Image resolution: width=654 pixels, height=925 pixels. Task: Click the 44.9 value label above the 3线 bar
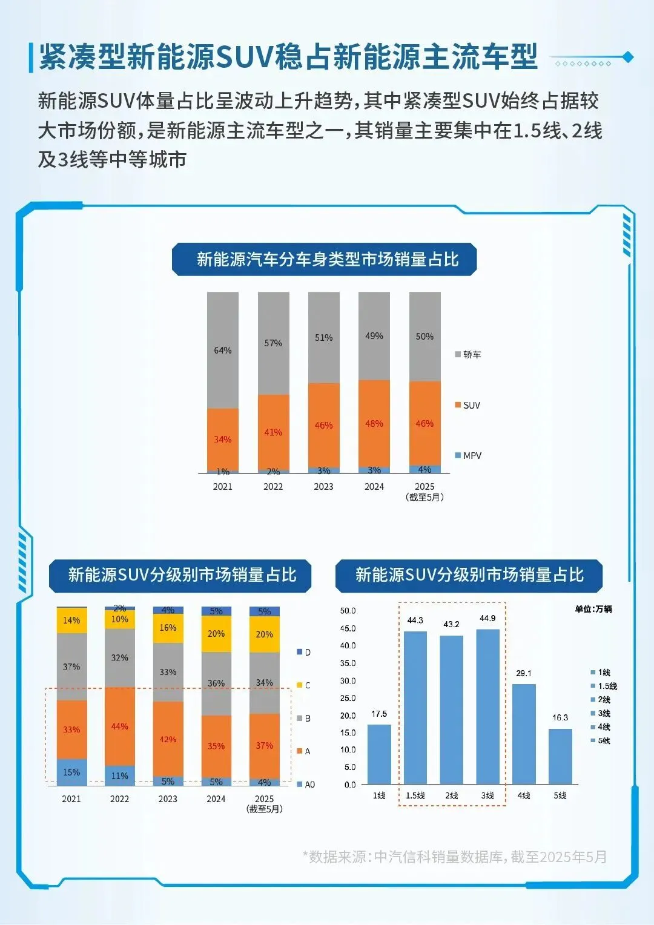tap(487, 618)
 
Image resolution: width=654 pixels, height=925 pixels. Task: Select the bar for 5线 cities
tap(560, 757)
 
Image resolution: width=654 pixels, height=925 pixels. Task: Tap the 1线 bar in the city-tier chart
tap(379, 754)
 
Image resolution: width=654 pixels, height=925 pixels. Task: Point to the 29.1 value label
tap(524, 673)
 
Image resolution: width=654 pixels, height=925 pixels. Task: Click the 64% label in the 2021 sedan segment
tap(222, 351)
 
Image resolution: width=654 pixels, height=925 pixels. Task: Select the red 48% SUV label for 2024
tap(374, 424)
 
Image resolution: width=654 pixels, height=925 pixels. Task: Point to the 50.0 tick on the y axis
tap(348, 611)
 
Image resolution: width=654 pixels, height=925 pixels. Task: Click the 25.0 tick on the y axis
tap(348, 698)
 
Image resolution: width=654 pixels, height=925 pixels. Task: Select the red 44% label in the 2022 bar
tap(119, 726)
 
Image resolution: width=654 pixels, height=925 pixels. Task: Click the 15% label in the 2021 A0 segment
tap(71, 772)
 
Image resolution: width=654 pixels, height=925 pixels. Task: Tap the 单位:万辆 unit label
tap(593, 609)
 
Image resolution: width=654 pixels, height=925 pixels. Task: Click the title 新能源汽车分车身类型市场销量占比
tap(327, 260)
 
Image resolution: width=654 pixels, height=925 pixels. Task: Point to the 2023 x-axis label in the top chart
tap(323, 487)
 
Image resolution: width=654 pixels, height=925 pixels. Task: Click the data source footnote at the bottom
tap(454, 857)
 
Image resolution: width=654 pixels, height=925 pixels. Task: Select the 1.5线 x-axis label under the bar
tap(415, 795)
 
